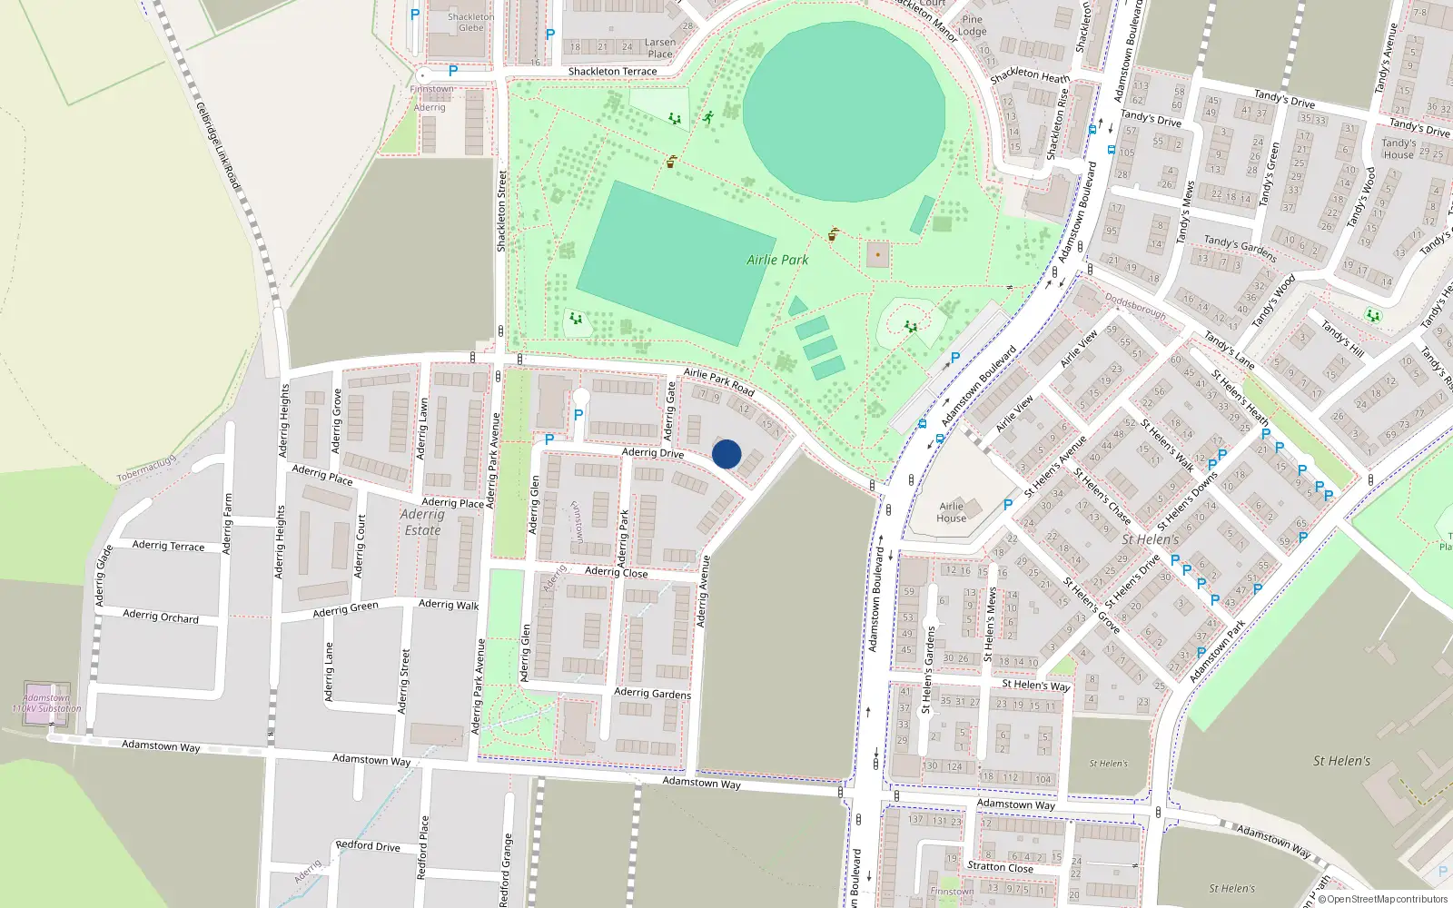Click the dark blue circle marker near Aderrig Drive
point(726,454)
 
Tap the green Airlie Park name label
point(777,260)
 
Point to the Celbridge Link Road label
point(219,145)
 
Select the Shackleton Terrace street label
point(612,71)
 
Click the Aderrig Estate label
point(422,522)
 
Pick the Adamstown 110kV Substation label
point(46,704)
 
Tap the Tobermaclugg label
point(146,469)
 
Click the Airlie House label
point(952,512)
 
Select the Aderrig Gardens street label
point(652,693)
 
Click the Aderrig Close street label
point(616,571)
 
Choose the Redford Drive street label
point(368,845)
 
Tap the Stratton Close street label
point(1000,867)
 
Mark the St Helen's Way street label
point(1035,685)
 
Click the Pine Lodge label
point(972,25)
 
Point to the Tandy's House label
point(1399,149)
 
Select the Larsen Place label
point(660,48)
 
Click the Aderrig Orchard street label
point(161,617)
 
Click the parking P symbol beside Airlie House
point(1008,505)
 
